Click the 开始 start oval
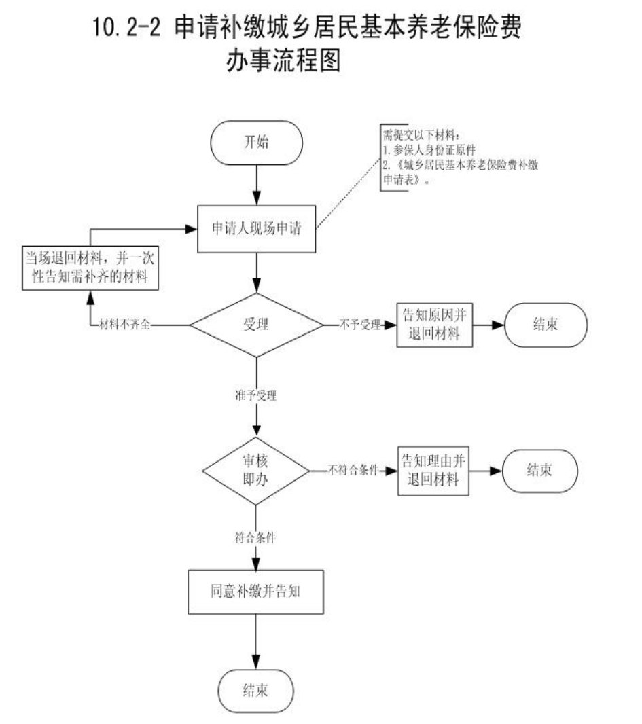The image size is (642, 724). coord(256,142)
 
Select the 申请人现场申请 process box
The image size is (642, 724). coord(256,229)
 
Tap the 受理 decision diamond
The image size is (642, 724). coord(256,325)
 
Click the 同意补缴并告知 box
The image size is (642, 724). coord(255,590)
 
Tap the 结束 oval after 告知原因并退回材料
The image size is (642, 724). coord(546,325)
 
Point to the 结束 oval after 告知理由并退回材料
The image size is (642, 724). coord(540,469)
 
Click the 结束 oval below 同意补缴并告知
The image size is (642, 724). coord(255,691)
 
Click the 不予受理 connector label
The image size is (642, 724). coord(360,325)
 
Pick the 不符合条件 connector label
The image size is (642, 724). coord(353,469)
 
